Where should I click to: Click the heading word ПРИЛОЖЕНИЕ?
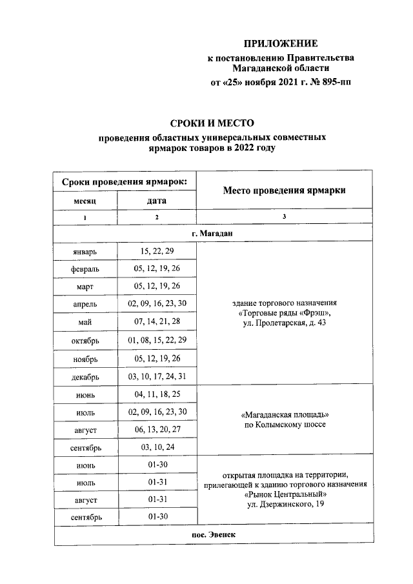pyautogui.click(x=280, y=44)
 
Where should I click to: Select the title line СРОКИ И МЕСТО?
pyautogui.click(x=212, y=123)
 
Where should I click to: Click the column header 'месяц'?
pyautogui.click(x=85, y=201)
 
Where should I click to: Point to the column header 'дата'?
pyautogui.click(x=157, y=201)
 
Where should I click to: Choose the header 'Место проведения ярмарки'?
pyautogui.click(x=284, y=190)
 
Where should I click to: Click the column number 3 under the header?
pyautogui.click(x=284, y=217)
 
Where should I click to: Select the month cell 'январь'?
pyautogui.click(x=85, y=251)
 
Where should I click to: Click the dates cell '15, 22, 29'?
pyautogui.click(x=157, y=251)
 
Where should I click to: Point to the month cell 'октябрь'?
pyautogui.click(x=85, y=340)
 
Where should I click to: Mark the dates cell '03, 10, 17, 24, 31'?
pyautogui.click(x=157, y=376)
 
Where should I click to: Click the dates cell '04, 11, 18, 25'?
pyautogui.click(x=157, y=394)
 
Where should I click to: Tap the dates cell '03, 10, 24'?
pyautogui.click(x=157, y=447)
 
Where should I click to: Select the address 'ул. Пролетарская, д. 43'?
pyautogui.click(x=284, y=323)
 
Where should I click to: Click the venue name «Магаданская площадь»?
pyautogui.click(x=284, y=414)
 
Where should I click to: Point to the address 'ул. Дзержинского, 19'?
pyautogui.click(x=284, y=505)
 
